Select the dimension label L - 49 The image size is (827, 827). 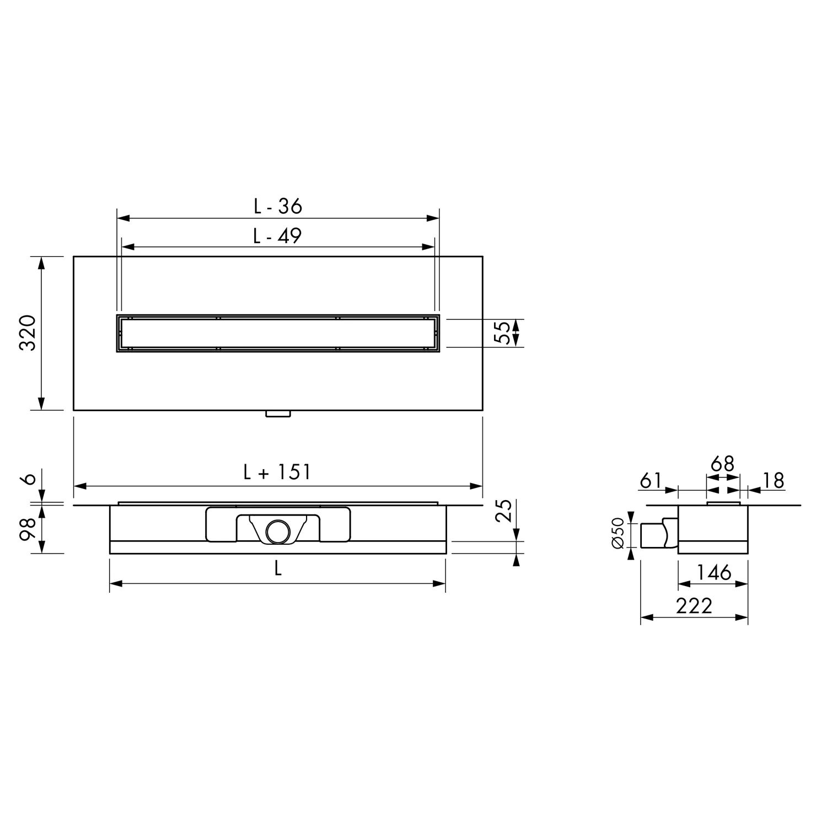coord(277,235)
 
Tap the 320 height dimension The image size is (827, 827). coord(28,333)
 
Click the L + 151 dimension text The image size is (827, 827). coord(277,472)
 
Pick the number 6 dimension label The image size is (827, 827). coord(30,478)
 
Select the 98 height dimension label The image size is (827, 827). coord(28,529)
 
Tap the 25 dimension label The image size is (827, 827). coord(503,511)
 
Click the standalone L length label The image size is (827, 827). coord(278,568)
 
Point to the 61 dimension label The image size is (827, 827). coord(651,481)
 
